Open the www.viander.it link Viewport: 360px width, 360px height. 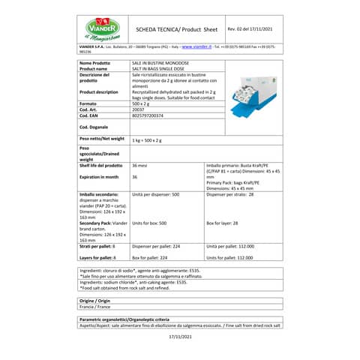(x=197, y=46)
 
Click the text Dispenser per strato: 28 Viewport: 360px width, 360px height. (x=229, y=193)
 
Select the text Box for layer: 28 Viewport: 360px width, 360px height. (x=222, y=223)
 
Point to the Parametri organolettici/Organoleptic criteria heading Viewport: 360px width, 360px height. (x=133, y=319)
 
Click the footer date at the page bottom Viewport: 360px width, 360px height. (x=180, y=337)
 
